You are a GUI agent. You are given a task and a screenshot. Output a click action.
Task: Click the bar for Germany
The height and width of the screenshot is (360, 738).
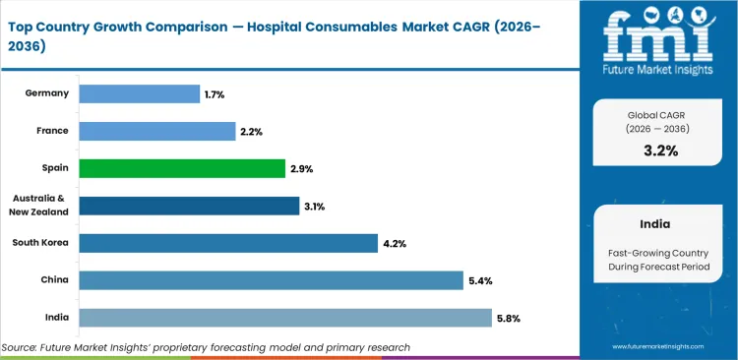tap(139, 93)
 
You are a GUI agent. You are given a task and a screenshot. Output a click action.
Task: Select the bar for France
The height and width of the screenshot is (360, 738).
tap(156, 131)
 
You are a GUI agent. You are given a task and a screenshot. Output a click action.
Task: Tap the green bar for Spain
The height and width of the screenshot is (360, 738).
tap(181, 168)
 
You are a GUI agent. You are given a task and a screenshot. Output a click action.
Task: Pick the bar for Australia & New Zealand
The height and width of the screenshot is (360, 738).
tap(189, 206)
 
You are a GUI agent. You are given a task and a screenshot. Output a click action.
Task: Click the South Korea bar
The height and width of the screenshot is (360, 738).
tap(227, 243)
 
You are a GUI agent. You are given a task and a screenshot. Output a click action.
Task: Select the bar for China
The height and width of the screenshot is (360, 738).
tap(271, 280)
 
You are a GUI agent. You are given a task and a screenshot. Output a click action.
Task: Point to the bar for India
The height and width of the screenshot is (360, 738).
tap(284, 318)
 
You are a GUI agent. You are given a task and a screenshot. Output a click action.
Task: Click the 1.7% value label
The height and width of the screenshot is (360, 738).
tap(215, 94)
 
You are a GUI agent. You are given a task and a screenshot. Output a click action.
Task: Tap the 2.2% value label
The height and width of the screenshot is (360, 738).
tap(250, 132)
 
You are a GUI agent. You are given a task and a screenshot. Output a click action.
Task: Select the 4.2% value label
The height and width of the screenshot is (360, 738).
tap(393, 244)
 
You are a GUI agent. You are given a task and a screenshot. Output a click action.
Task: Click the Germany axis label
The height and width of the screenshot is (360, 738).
tap(47, 93)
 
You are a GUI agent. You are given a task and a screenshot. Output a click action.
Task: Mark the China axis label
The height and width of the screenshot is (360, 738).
tap(54, 280)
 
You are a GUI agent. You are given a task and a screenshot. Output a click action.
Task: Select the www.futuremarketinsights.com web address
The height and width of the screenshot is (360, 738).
tap(661, 347)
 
